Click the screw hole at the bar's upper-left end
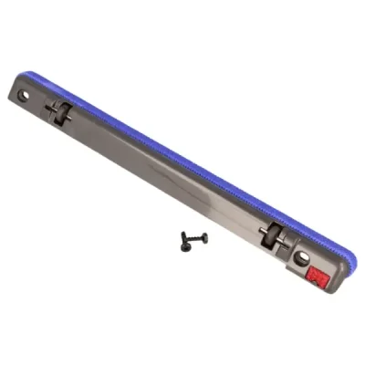coord(25,94)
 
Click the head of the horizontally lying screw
coord(203,237)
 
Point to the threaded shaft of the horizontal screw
coord(192,239)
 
